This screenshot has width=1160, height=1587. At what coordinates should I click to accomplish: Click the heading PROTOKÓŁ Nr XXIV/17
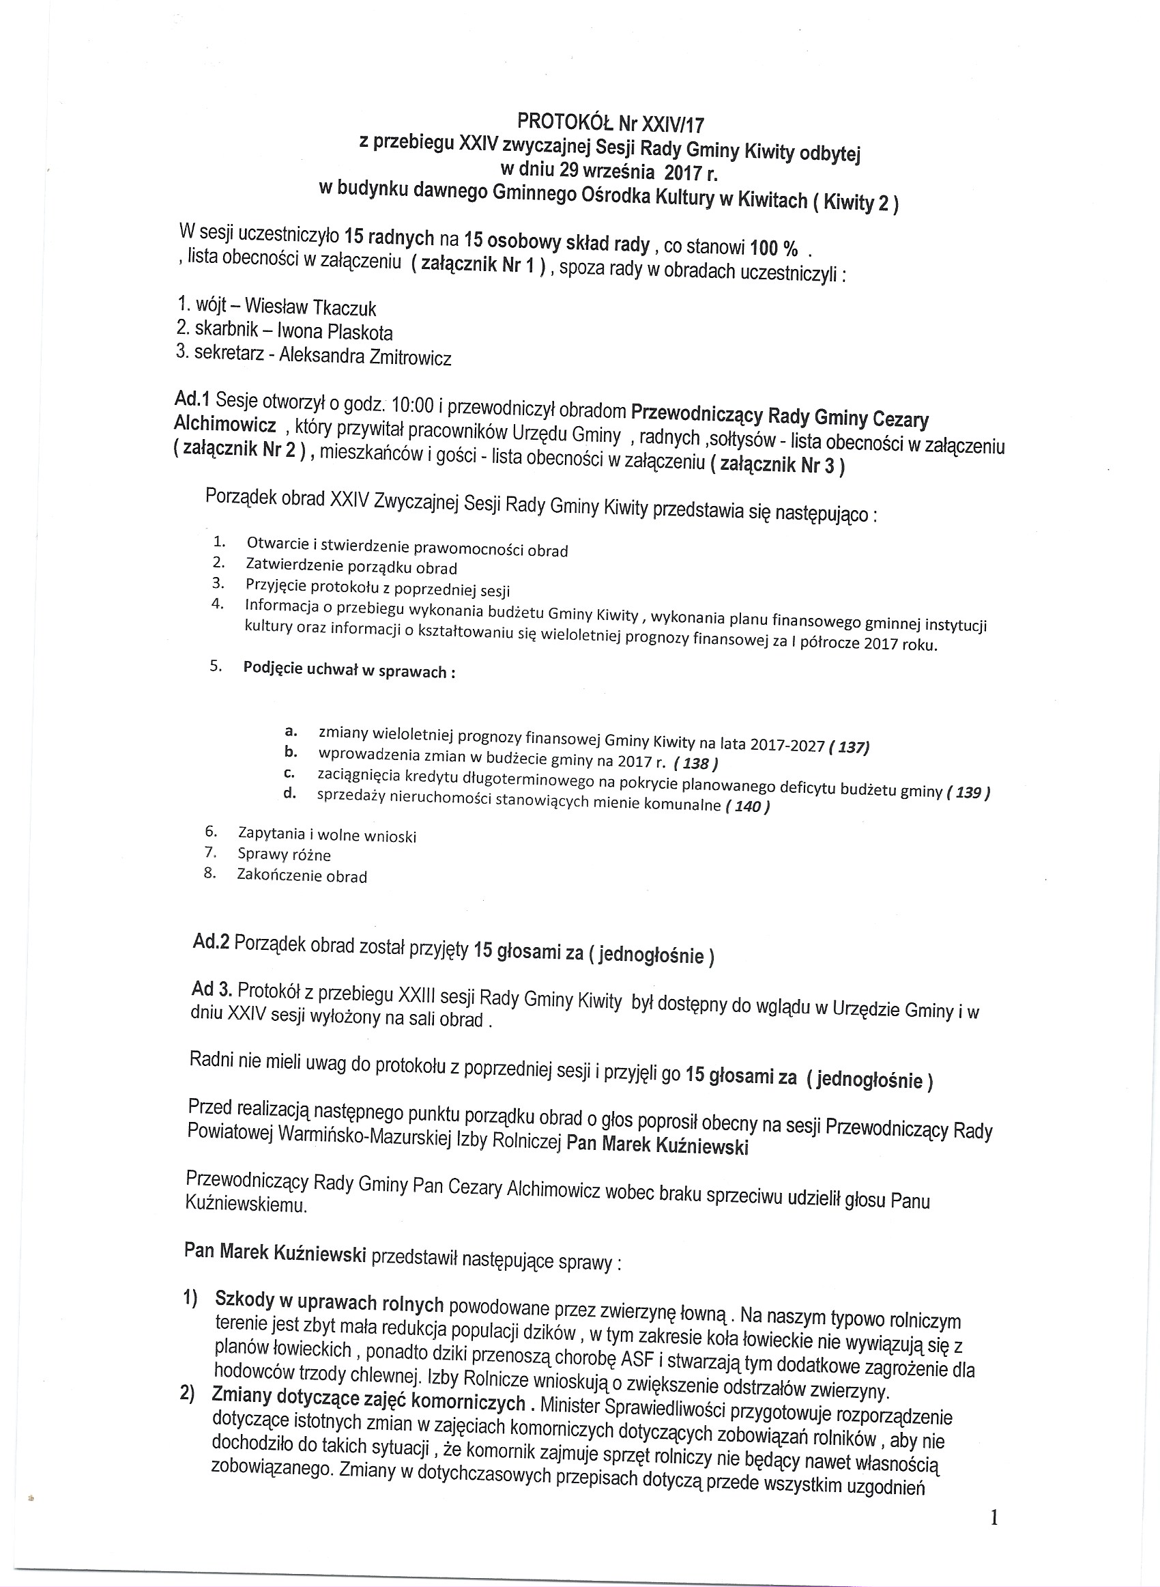point(610,124)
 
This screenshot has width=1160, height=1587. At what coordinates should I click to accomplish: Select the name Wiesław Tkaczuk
point(310,308)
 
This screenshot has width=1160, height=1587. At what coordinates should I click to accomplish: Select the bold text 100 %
point(774,248)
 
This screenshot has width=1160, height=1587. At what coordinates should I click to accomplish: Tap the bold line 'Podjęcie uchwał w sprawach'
point(349,670)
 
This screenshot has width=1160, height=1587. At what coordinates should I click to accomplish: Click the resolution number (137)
point(849,747)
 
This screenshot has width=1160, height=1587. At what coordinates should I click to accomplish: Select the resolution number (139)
point(968,792)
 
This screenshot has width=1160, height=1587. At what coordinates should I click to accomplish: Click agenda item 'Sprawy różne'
point(285,854)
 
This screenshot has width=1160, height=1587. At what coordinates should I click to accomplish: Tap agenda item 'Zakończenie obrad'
point(302,875)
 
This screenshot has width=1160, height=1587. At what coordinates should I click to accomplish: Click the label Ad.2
point(212,942)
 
